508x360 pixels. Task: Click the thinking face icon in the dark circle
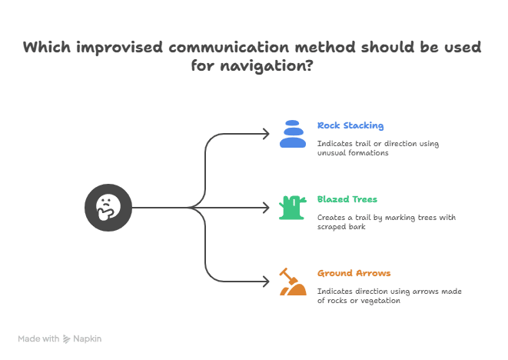tap(108, 207)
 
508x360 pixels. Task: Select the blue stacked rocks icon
tap(292, 134)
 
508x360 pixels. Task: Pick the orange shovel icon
tap(291, 282)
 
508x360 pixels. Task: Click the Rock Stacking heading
tap(350, 125)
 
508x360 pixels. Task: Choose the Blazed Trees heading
tap(347, 199)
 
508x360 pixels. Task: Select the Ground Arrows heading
tap(354, 273)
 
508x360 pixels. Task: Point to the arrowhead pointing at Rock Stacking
tap(267, 134)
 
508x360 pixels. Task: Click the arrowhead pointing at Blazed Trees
tap(267, 207)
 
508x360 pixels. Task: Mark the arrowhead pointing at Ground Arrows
tap(267, 281)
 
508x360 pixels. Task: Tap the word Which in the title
tap(45, 48)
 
